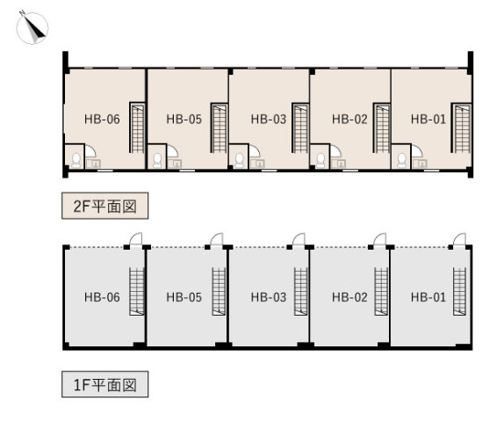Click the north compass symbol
point(32,27)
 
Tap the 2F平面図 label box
point(104,206)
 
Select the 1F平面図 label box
point(104,384)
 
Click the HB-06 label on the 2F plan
point(102,120)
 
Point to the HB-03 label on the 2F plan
point(269,120)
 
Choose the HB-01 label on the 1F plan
point(429,297)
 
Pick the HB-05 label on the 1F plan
point(184,297)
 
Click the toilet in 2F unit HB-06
point(76,161)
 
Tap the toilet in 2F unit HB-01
point(402,161)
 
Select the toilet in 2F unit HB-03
point(240,161)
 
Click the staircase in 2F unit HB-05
point(219,127)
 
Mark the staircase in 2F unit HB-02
point(382,127)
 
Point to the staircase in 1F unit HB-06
point(137,292)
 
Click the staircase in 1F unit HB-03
point(301,292)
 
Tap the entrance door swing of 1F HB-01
point(459,239)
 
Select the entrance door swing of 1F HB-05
point(217,239)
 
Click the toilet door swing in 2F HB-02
point(335,150)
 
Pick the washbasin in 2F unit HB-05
point(175,164)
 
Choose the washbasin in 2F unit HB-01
point(420,164)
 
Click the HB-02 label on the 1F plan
point(349,297)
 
